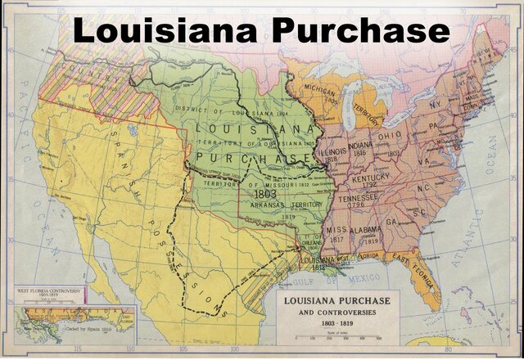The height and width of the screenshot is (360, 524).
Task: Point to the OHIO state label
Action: click(x=390, y=135)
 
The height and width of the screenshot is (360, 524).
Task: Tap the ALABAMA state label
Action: click(x=364, y=232)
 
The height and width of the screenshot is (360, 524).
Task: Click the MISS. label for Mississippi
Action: click(x=337, y=230)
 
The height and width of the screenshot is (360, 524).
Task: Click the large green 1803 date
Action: click(x=266, y=196)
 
